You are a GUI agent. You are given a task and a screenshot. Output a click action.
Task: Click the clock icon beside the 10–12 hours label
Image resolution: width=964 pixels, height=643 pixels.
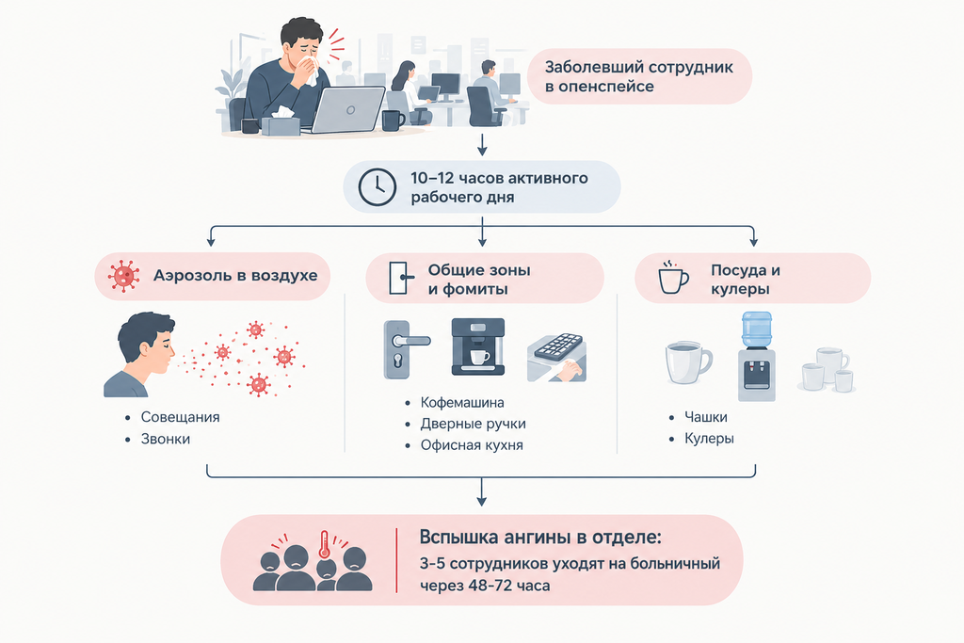377,187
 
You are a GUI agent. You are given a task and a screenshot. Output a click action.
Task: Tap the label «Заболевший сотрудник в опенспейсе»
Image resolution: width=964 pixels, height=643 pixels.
639,76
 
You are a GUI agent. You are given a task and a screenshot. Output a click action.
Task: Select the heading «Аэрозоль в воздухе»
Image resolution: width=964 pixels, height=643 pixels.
235,275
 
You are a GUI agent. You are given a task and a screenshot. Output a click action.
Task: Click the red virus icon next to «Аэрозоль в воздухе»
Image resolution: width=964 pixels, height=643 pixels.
123,276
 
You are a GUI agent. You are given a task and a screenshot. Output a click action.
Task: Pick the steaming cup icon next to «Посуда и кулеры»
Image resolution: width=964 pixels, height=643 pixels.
672,277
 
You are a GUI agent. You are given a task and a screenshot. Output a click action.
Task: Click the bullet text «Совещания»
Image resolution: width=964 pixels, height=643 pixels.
180,417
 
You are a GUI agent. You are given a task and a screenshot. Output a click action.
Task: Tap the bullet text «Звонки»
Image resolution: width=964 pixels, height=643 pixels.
166,439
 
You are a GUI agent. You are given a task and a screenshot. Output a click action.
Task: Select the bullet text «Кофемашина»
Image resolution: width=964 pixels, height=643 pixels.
462,403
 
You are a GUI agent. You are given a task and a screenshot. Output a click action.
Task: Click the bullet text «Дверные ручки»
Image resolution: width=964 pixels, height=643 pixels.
474,424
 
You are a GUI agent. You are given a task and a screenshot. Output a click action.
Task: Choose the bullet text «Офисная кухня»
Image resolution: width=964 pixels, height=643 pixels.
472,445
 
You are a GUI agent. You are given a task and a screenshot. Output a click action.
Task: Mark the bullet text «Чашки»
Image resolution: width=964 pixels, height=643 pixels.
706,417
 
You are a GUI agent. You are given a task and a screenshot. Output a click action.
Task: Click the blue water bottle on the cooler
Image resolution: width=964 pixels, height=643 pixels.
756,330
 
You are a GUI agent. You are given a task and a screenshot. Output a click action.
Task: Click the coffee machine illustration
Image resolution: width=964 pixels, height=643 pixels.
478,346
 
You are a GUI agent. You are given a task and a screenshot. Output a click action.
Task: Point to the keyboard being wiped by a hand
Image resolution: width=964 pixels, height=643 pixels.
557,357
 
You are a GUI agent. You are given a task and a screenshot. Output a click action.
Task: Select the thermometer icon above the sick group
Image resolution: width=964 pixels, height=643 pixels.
325,545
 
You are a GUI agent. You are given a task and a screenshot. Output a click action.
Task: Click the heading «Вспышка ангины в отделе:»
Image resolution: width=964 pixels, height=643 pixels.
540,537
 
